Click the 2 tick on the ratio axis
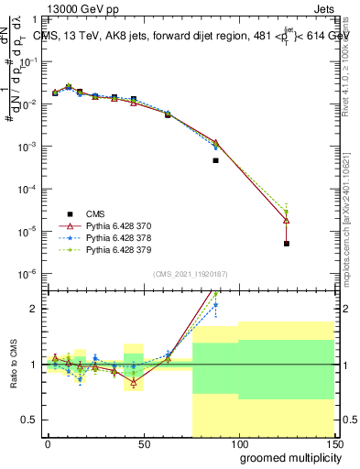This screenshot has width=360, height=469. (x=33, y=309)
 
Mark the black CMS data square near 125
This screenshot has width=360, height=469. (x=287, y=244)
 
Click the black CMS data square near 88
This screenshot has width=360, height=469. (x=215, y=160)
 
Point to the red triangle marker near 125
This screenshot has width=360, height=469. (x=287, y=220)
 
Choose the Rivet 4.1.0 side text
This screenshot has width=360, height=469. (x=348, y=73)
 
